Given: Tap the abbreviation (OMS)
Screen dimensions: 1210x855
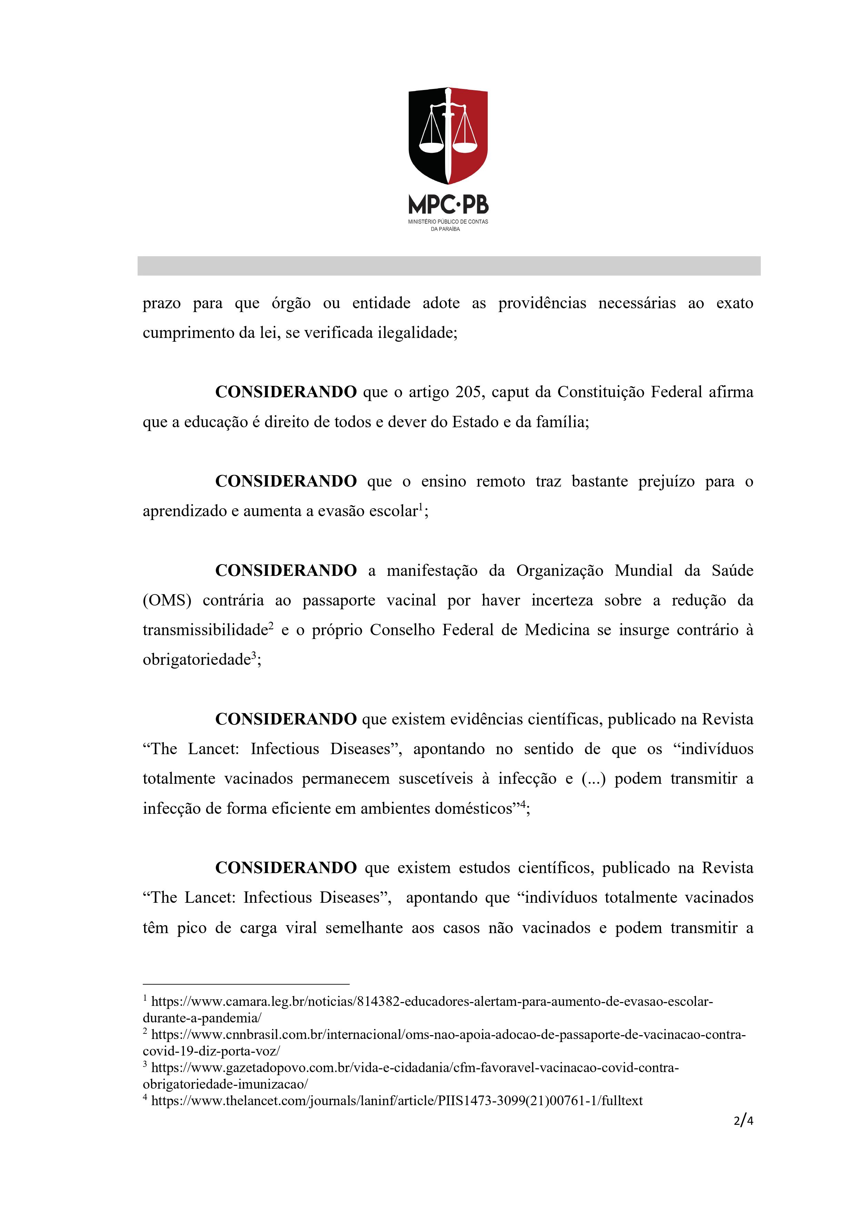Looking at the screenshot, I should pos(167,600).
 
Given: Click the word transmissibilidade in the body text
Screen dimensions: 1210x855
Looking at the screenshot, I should pos(205,630).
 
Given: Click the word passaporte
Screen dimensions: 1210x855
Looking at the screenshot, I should pos(339,600).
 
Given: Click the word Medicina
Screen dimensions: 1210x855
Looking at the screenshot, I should pos(557,630).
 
